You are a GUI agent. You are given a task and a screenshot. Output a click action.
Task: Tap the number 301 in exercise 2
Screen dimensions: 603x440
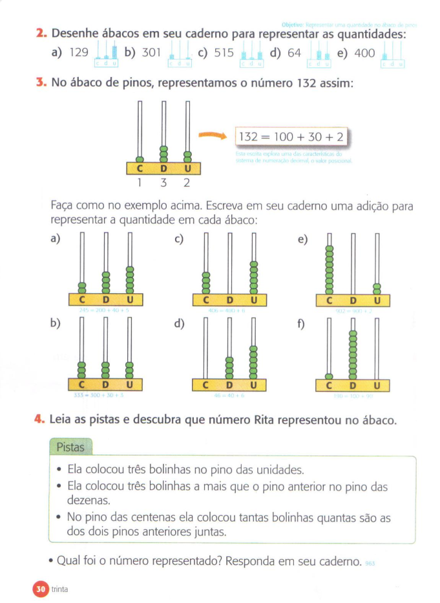151,54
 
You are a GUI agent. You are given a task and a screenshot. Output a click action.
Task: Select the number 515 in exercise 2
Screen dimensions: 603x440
224,54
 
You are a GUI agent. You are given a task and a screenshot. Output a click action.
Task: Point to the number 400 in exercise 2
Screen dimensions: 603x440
365,54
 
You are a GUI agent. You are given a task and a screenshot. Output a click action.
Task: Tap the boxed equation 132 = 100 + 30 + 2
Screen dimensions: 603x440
291,137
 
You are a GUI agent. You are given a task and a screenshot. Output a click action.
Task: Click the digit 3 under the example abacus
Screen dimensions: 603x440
163,183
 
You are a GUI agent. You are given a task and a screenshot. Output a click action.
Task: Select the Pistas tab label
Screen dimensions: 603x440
70,446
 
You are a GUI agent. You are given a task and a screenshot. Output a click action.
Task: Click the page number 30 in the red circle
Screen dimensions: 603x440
39,588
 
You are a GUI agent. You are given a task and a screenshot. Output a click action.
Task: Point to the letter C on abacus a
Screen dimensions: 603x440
81,300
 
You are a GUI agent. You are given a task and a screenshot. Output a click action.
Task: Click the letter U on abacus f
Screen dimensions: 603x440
377,386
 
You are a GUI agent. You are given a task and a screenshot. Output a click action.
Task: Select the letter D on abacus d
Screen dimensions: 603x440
229,386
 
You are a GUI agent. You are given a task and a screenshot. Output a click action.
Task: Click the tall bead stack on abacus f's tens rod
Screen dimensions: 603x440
353,355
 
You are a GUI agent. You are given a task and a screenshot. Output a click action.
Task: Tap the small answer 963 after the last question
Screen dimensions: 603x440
370,564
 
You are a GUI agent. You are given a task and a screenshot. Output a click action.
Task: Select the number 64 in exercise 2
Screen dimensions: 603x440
295,54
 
